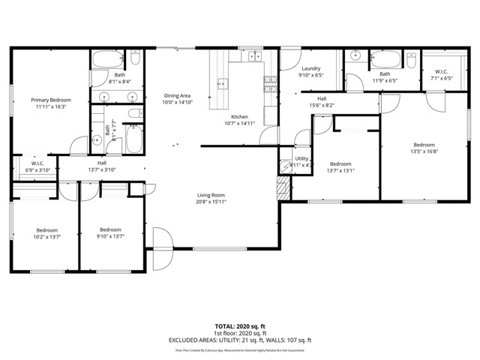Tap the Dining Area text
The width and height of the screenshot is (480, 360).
pos(177,96)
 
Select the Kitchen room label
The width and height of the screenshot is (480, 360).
pos(239,116)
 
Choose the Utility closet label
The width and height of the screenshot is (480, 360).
pos(302,158)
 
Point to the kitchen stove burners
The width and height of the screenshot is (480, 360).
pos(253,56)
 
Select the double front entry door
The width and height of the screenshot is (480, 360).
pos(161,248)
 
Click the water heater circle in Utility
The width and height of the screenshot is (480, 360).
pos(286,167)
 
